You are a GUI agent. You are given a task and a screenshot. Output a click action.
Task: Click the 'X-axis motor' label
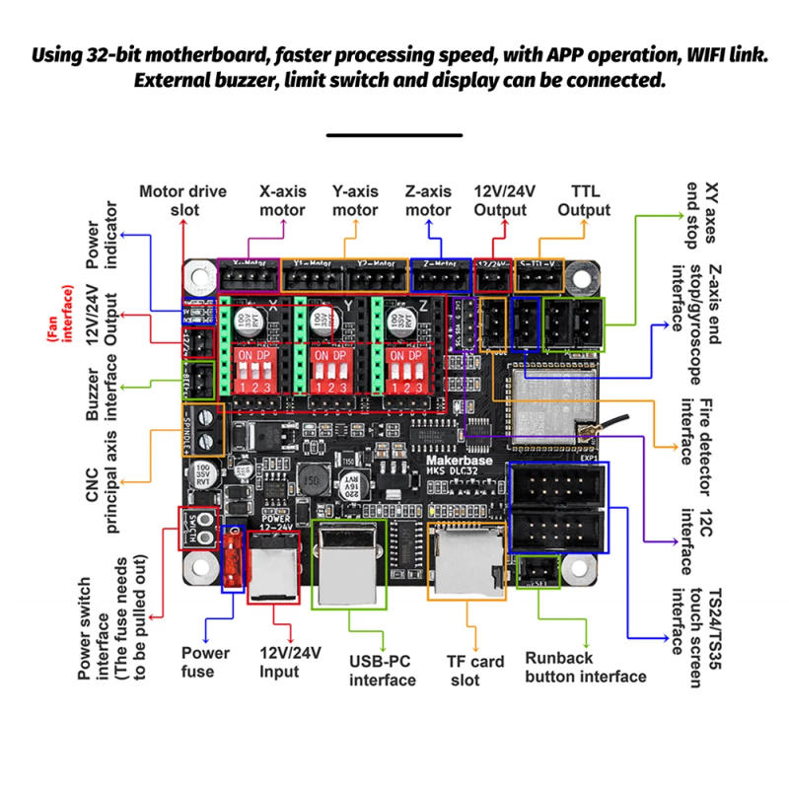(x=282, y=200)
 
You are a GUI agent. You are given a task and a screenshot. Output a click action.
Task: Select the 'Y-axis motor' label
(x=355, y=200)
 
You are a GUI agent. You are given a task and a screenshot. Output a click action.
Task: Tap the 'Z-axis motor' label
(x=429, y=200)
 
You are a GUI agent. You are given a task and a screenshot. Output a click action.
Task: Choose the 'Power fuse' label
(x=205, y=662)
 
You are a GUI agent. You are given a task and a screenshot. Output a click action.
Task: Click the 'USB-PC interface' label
(x=383, y=670)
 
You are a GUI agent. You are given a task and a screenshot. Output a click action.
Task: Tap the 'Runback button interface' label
(x=585, y=667)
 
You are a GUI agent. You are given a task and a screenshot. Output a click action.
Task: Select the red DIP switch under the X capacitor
(x=251, y=366)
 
